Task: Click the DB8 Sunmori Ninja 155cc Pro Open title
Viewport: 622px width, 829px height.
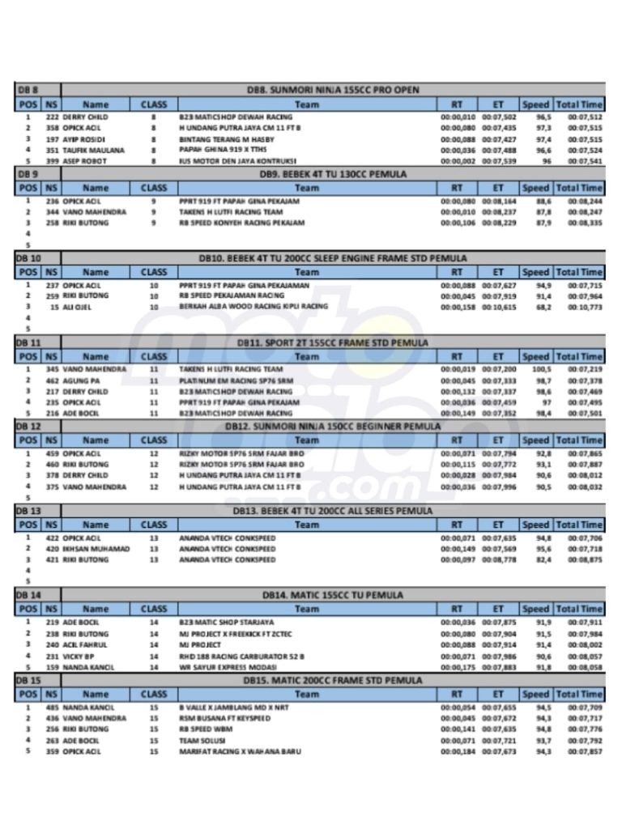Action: [333, 90]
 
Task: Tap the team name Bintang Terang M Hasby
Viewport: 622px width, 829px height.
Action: [227, 139]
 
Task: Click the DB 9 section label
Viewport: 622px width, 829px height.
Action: [28, 173]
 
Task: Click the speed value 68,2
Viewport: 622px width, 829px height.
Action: [543, 308]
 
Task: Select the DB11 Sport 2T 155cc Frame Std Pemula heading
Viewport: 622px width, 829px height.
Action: [333, 342]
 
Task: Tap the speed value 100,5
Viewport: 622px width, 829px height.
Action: [541, 369]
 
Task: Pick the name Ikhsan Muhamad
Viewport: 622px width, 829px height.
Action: [96, 549]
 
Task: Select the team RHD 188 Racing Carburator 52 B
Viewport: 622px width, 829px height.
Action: [241, 656]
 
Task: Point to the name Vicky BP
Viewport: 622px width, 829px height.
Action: [79, 656]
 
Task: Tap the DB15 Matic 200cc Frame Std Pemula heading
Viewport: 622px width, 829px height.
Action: [333, 680]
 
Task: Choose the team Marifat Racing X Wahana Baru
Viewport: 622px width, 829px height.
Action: [240, 751]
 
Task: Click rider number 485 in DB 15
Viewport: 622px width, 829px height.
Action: [53, 707]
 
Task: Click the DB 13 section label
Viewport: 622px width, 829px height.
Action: [30, 511]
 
